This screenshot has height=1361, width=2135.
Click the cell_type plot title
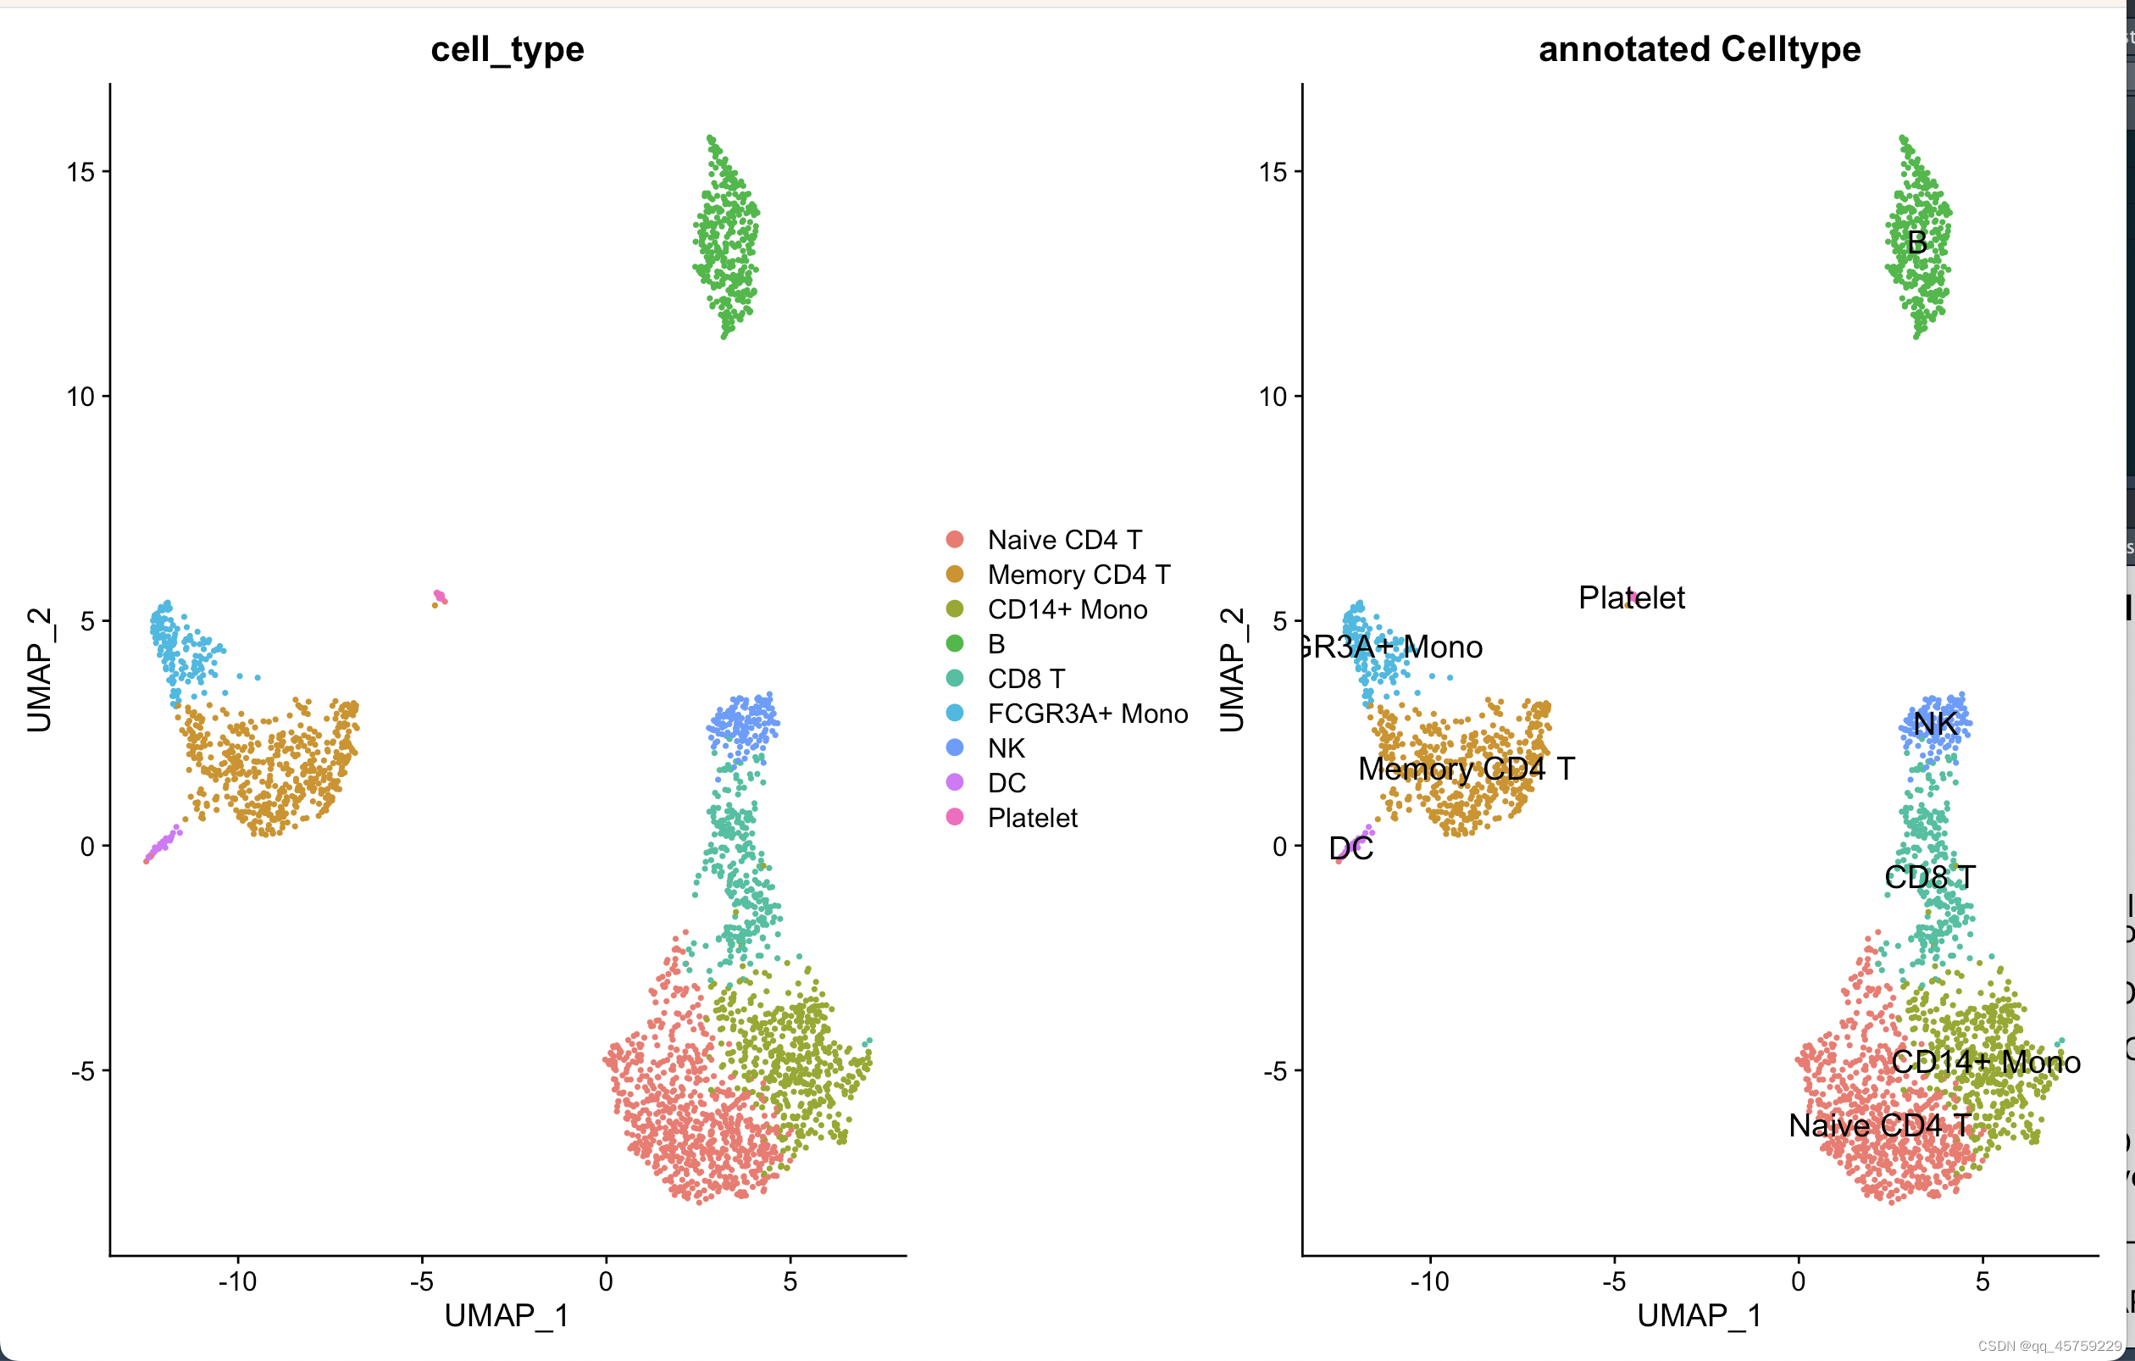pos(507,50)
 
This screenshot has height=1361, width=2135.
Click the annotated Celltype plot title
pos(1699,50)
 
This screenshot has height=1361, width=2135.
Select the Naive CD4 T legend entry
pos(1064,540)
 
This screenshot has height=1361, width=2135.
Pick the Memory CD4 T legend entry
pos(1079,575)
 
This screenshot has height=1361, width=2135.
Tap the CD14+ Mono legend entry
pos(1067,609)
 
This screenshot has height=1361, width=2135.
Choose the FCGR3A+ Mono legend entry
pos(1087,714)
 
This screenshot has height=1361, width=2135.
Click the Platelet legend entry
pos(1032,818)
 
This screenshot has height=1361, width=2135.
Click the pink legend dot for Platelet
pos(955,817)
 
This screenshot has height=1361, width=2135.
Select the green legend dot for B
pos(955,644)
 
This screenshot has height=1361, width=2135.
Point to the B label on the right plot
pos(1917,242)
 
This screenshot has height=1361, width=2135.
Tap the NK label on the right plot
pos(1934,724)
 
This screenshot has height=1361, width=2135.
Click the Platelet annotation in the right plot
pos(1632,597)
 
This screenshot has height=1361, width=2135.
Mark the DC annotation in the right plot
pos(1351,848)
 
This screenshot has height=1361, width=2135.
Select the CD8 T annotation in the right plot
pos(1929,877)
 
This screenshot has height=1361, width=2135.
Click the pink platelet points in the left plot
pos(440,597)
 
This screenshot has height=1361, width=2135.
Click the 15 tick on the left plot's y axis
pos(80,171)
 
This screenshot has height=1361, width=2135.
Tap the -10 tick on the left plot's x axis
pos(237,1281)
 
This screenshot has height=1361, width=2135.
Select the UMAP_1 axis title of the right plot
pos(1699,1316)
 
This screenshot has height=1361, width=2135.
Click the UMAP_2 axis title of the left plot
pos(39,669)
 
